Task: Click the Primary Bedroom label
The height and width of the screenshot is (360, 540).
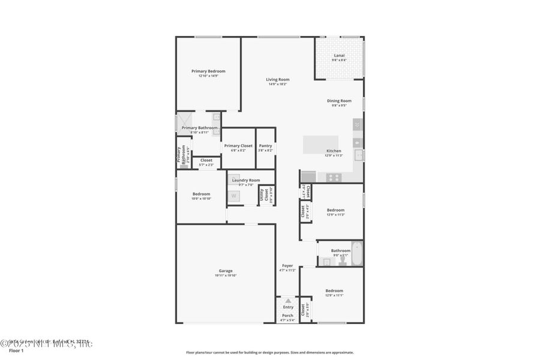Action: (208, 71)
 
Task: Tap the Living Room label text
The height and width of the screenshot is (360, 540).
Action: (278, 79)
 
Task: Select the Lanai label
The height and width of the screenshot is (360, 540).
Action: (339, 55)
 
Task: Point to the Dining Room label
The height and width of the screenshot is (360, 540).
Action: (339, 101)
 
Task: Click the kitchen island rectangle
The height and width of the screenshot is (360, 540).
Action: (320, 145)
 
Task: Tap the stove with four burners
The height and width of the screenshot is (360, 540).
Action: (332, 177)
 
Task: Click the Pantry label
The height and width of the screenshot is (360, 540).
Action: (265, 146)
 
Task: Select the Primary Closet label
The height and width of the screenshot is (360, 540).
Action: (238, 146)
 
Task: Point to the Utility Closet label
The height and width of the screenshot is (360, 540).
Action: (262, 194)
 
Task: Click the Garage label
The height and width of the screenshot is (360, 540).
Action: (226, 271)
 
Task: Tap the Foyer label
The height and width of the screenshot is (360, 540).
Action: (287, 266)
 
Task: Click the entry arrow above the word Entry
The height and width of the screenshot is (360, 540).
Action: (288, 301)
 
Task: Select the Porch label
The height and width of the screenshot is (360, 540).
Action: (288, 316)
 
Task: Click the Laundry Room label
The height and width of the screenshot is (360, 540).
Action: (246, 180)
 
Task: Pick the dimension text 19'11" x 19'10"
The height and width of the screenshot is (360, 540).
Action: (226, 275)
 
